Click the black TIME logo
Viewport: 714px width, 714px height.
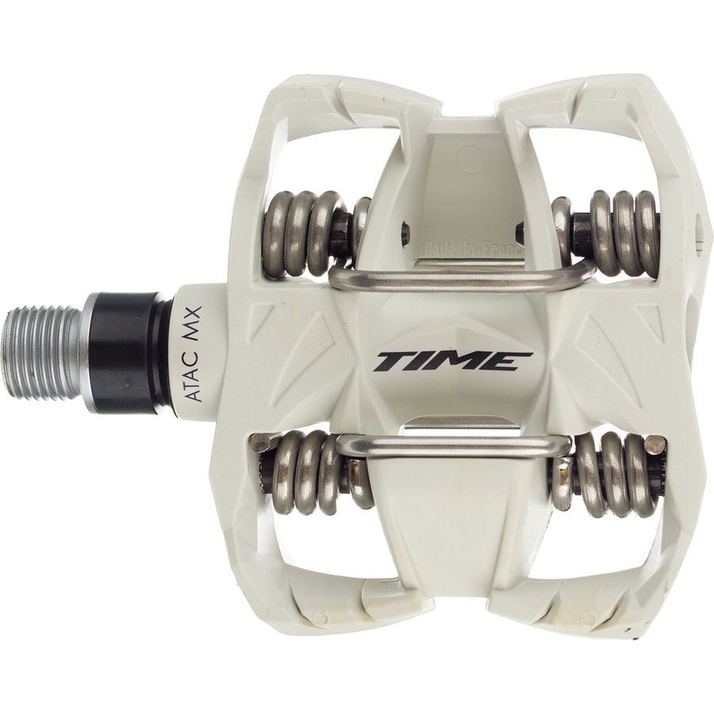pos(453,361)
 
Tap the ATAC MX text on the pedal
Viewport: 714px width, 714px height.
pos(193,353)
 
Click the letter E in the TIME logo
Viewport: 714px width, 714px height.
pos(512,361)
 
